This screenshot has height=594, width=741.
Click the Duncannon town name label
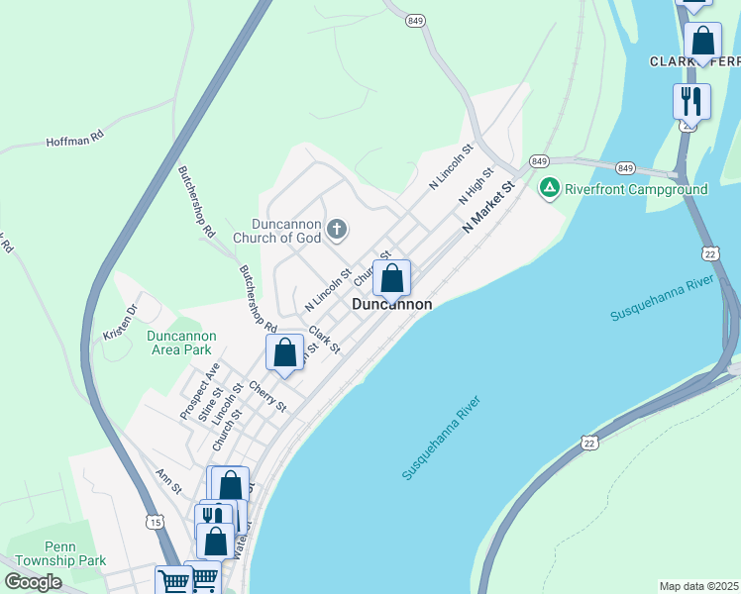pyautogui.click(x=392, y=305)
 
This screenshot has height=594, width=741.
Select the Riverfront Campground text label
pyautogui.click(x=636, y=189)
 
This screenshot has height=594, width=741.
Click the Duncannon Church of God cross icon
pyautogui.click(x=337, y=230)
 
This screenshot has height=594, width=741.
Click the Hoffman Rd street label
pyautogui.click(x=74, y=141)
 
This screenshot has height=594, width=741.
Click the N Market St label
pyautogui.click(x=490, y=206)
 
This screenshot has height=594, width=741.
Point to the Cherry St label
pyautogui.click(x=267, y=396)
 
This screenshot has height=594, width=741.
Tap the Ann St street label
pyautogui.click(x=169, y=482)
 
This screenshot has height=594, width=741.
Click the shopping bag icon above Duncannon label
pyautogui.click(x=391, y=279)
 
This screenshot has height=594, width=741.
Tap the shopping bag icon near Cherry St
pyautogui.click(x=284, y=353)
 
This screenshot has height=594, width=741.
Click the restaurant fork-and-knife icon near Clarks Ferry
pyautogui.click(x=691, y=101)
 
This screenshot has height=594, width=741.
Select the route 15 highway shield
pyautogui.click(x=154, y=521)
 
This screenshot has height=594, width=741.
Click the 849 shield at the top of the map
pyautogui.click(x=414, y=19)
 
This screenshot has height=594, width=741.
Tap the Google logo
pyautogui.click(x=33, y=582)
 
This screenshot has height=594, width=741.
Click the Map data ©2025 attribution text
pyautogui.click(x=699, y=586)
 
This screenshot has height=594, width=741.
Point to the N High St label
pyautogui.click(x=476, y=186)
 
